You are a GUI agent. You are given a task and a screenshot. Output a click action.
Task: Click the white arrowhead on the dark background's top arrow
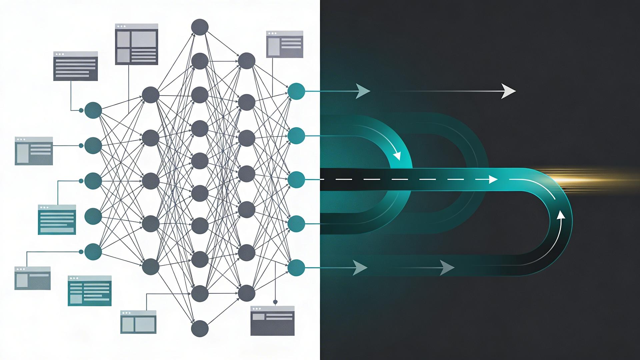[508, 91]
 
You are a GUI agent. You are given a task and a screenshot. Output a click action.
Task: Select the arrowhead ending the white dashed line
[493, 180]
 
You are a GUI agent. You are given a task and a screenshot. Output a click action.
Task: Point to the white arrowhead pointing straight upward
[561, 214]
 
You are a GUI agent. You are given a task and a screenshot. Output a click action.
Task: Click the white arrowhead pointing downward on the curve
[397, 155]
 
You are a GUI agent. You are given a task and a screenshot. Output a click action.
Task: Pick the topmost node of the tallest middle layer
[200, 27]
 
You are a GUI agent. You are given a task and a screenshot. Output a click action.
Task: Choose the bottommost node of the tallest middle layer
[200, 328]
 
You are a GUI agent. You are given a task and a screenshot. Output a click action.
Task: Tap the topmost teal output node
[296, 91]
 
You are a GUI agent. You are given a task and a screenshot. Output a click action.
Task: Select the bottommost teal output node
[296, 267]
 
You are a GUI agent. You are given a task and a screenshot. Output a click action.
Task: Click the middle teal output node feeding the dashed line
[296, 180]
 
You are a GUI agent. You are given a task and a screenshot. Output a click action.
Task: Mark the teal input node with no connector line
[93, 216]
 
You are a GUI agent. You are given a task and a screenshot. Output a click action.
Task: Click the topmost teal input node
[93, 110]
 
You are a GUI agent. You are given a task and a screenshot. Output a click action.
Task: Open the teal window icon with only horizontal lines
[57, 219]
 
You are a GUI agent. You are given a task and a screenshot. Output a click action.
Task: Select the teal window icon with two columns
[89, 291]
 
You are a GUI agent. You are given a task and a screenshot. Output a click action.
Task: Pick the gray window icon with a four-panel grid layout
[136, 44]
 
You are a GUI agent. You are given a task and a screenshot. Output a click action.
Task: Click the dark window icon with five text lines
[75, 66]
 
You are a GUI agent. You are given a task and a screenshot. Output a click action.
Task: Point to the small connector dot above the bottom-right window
[275, 302]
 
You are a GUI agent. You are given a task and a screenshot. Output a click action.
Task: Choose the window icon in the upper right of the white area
[285, 44]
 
